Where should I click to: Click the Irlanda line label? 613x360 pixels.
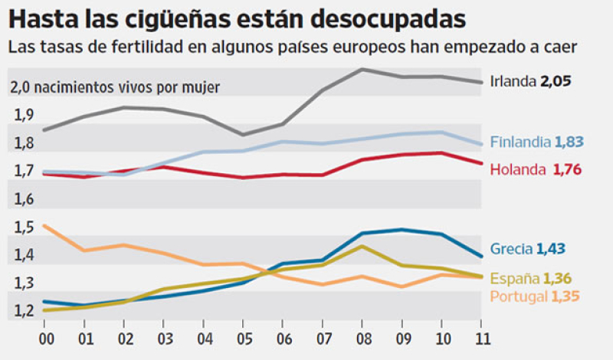[x=513, y=80]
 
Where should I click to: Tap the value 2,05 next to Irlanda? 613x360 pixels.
[x=557, y=80]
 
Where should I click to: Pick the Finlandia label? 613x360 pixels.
[x=520, y=142]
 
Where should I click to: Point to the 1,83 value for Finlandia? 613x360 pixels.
[x=569, y=142]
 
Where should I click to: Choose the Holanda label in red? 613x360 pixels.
[x=516, y=169]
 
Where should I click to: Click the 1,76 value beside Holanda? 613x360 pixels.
[x=568, y=169]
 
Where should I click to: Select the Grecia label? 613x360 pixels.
[x=511, y=248]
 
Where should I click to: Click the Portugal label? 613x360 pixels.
[x=519, y=296]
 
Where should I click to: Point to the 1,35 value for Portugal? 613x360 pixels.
[x=566, y=296]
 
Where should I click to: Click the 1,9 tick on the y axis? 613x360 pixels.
[x=23, y=115]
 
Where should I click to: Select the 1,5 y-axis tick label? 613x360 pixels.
[x=23, y=227]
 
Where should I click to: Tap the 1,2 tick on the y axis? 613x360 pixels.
[x=23, y=312]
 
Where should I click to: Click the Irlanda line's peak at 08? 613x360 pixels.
[x=362, y=70]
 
